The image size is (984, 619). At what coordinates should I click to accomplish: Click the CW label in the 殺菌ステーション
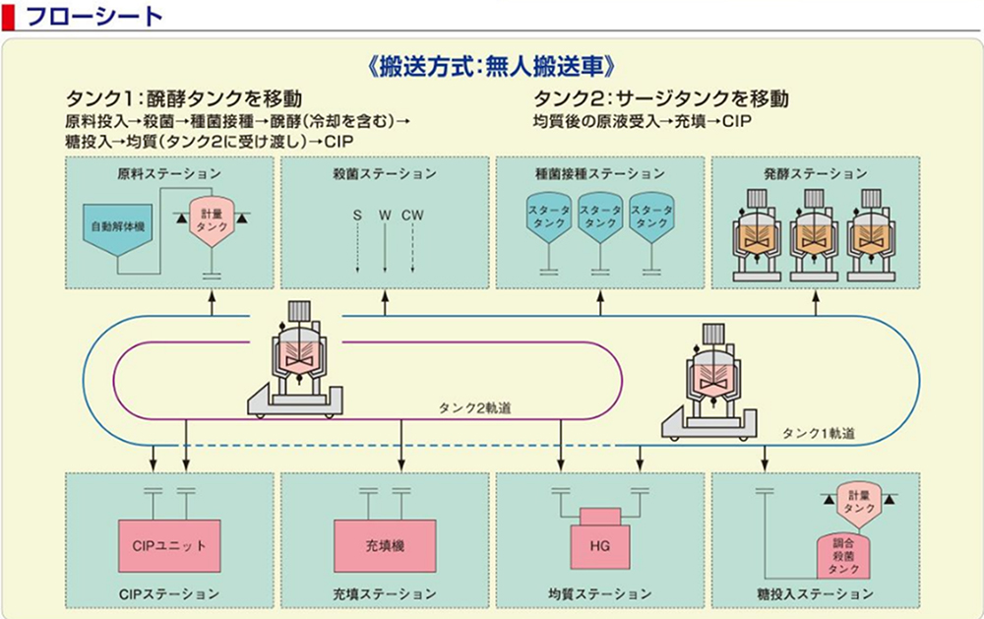click(x=413, y=214)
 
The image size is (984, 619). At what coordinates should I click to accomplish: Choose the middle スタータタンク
click(x=600, y=217)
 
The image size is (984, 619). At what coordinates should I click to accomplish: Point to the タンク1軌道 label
click(x=818, y=433)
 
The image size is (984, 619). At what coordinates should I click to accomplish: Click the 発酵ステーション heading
click(x=815, y=174)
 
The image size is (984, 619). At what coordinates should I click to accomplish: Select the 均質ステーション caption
click(x=599, y=594)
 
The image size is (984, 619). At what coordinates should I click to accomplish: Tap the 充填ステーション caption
click(x=384, y=594)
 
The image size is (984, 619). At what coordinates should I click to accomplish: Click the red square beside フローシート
click(x=9, y=16)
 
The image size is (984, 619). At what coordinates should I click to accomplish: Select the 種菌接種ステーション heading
click(x=599, y=174)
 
